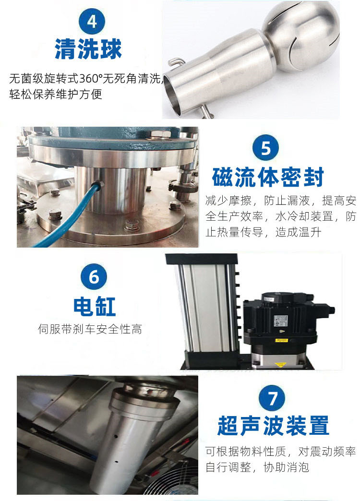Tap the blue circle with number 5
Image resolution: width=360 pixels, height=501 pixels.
265,149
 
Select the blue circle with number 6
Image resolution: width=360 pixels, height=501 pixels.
94,277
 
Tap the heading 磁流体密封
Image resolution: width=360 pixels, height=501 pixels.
268,177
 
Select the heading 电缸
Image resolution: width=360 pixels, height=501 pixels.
95,305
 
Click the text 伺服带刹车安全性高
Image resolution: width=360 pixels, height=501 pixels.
90,329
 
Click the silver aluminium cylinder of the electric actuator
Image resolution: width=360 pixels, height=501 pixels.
206,307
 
